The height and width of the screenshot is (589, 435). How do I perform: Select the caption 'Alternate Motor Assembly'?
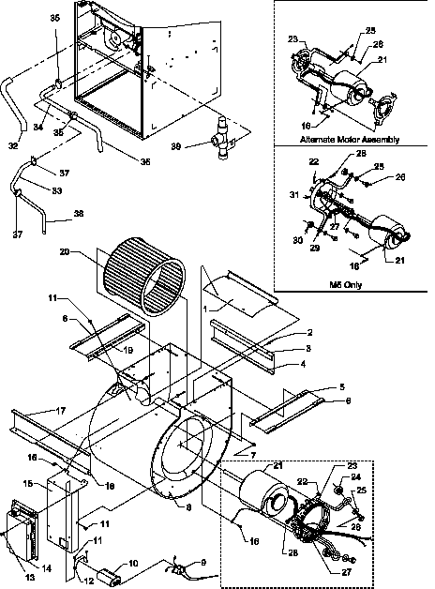coord(350,139)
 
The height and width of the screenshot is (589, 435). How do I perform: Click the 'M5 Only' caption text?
coord(351,283)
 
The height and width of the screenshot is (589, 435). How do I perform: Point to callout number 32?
coord(12,145)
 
